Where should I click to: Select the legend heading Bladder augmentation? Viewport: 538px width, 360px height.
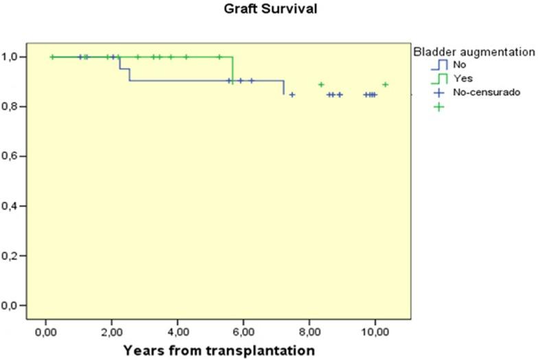pyautogui.click(x=473, y=51)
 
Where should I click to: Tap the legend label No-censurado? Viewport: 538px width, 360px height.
pyautogui.click(x=481, y=92)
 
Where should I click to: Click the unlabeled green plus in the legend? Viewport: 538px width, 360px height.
pyautogui.click(x=438, y=106)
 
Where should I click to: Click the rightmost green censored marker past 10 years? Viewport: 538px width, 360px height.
pyautogui.click(x=386, y=84)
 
